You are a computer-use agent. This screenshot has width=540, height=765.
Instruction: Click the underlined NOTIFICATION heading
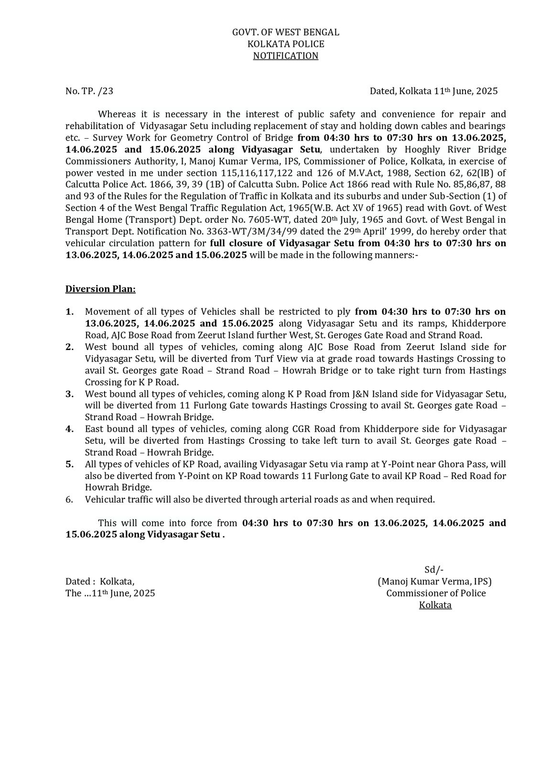point(285,56)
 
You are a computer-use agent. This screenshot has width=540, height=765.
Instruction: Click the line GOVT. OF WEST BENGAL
point(285,33)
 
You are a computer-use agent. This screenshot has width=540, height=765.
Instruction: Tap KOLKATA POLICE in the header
point(285,44)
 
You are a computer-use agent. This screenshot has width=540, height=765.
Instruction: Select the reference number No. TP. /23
point(89,91)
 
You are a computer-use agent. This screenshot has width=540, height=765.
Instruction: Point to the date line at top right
point(433,91)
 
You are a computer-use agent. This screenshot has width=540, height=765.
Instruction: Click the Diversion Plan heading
point(100,289)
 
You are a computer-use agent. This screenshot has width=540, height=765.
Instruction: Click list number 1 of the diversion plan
point(70,312)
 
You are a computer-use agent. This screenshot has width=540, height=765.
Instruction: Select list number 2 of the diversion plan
point(70,347)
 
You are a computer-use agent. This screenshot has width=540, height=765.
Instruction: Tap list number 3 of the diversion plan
point(70,394)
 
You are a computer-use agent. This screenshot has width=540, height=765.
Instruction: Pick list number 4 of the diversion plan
point(70,429)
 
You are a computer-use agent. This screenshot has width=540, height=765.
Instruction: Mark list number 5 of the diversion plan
point(70,464)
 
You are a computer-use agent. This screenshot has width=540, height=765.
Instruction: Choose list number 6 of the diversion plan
point(70,500)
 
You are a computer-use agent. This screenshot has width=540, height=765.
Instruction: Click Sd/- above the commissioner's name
point(434,569)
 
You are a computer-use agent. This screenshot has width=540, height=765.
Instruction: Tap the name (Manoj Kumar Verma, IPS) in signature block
point(434,581)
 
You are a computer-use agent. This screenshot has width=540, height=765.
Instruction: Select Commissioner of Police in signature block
point(436,593)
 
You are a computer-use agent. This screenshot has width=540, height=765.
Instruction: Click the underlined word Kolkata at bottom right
point(435,605)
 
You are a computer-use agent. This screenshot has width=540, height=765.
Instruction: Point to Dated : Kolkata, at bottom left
point(100,581)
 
